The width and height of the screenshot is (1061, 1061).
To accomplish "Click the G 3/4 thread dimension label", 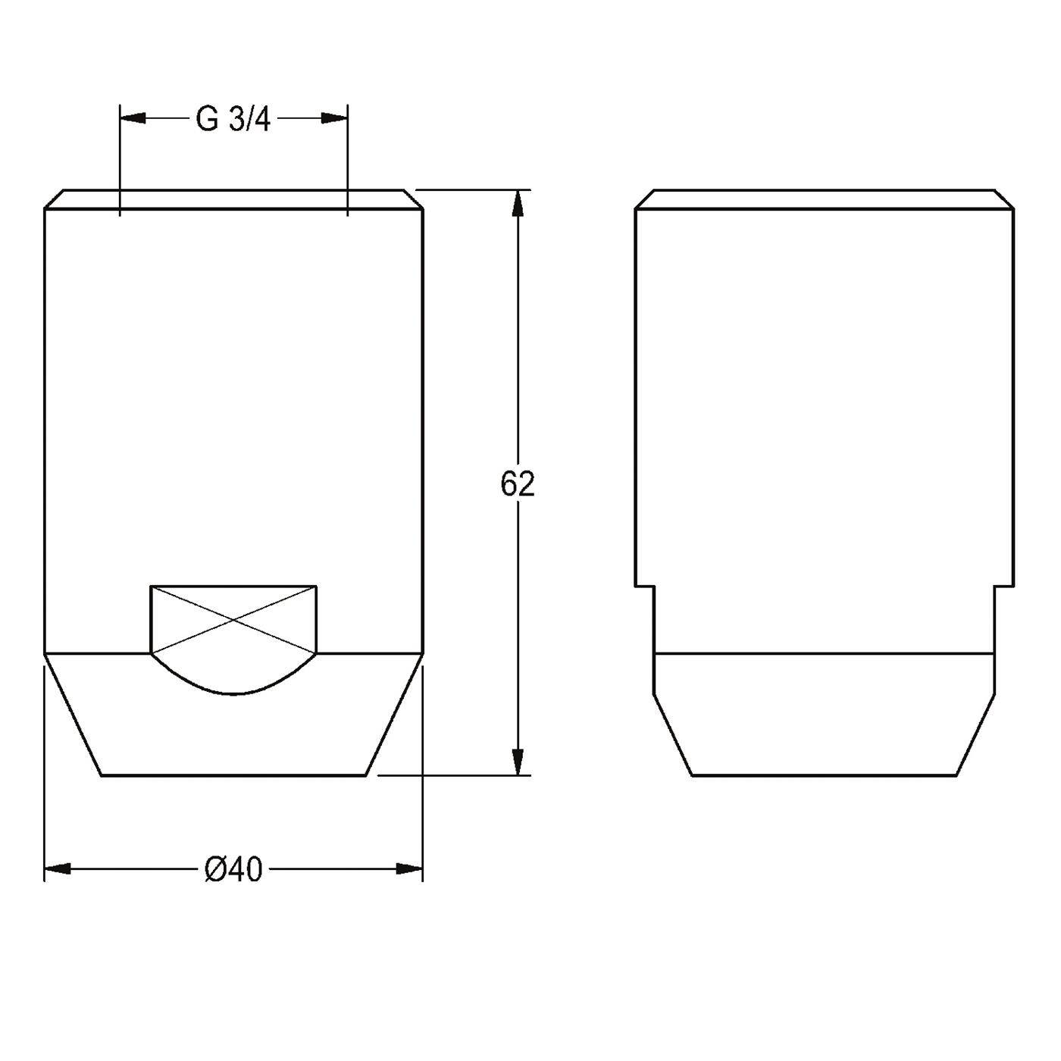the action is point(233,120).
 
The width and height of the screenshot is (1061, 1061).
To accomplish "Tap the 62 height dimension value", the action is point(518,484).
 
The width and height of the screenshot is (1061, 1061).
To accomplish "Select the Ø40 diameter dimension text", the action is point(233,870).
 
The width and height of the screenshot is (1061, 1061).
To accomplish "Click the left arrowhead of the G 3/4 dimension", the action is point(133,118).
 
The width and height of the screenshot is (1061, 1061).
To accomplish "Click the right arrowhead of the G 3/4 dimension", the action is point(334,118).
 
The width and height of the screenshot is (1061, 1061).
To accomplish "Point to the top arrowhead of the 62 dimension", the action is point(518,202).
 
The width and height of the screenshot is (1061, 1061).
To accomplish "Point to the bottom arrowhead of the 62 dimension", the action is point(518,762).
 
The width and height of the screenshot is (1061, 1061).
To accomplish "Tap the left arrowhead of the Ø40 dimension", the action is point(58,869).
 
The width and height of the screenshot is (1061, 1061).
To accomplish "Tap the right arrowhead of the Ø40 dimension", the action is point(410,869).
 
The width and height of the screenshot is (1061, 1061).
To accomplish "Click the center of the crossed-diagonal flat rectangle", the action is point(233,619).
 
